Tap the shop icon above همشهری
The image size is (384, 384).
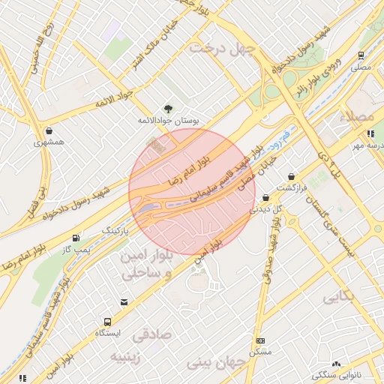pos(49,130)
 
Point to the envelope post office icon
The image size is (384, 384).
pos(124,301)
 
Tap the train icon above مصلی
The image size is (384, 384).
pos(361,55)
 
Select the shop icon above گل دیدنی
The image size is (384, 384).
pos(266,198)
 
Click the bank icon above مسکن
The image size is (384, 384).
pos(260,340)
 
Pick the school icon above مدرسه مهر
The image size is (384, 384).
pos(370,134)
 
